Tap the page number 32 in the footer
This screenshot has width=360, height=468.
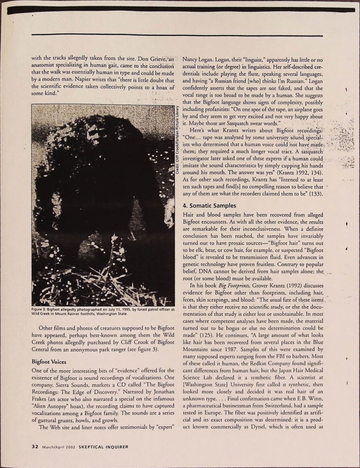click(34, 447)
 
